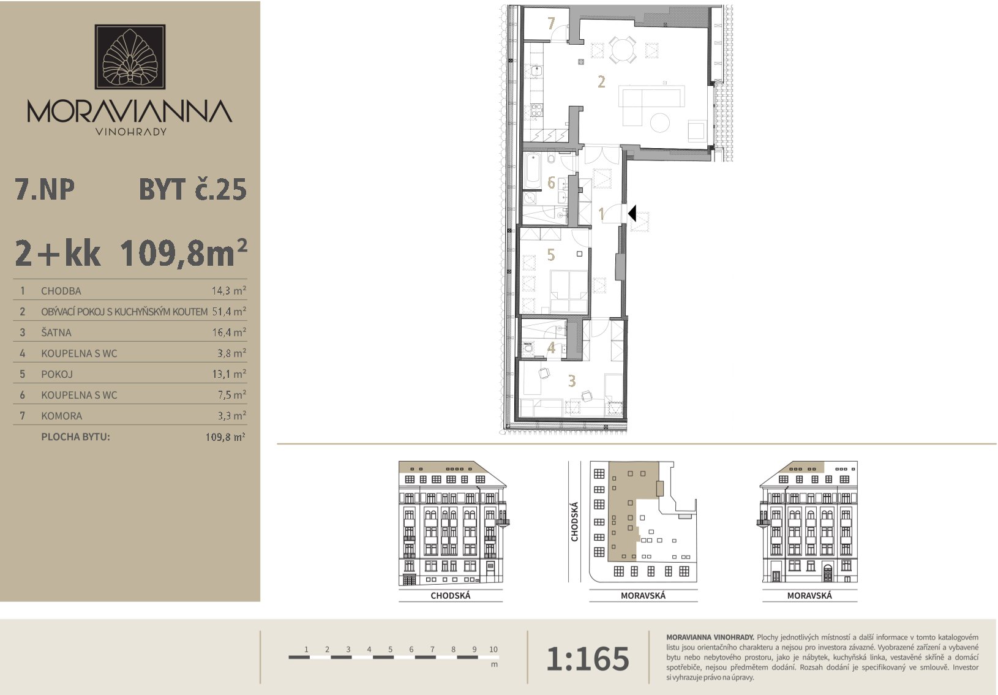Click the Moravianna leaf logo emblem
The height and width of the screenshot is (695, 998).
click(x=130, y=56)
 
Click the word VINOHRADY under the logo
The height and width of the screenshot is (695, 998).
click(x=131, y=132)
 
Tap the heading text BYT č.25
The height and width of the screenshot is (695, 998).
click(x=192, y=190)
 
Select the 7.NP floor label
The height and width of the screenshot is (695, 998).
click(x=45, y=190)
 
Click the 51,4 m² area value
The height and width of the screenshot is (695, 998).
click(x=229, y=311)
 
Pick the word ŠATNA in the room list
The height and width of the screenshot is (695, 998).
click(x=56, y=332)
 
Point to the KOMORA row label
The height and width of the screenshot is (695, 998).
click(x=61, y=416)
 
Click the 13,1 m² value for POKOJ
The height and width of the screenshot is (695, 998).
click(x=229, y=374)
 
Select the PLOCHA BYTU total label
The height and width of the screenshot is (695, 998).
click(x=75, y=437)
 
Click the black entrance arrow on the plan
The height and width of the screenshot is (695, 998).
click(x=632, y=214)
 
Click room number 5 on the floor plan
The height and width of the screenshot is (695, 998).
click(x=551, y=255)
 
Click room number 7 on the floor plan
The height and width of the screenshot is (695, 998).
click(x=551, y=23)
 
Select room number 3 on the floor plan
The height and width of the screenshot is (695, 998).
click(x=572, y=381)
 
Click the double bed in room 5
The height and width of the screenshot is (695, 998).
click(x=569, y=291)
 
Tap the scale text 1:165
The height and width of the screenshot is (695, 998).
click(x=588, y=659)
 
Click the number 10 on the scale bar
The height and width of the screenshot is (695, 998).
click(x=493, y=649)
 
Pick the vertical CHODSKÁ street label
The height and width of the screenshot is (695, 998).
click(x=574, y=522)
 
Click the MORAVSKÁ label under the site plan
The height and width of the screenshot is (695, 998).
click(x=643, y=596)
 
